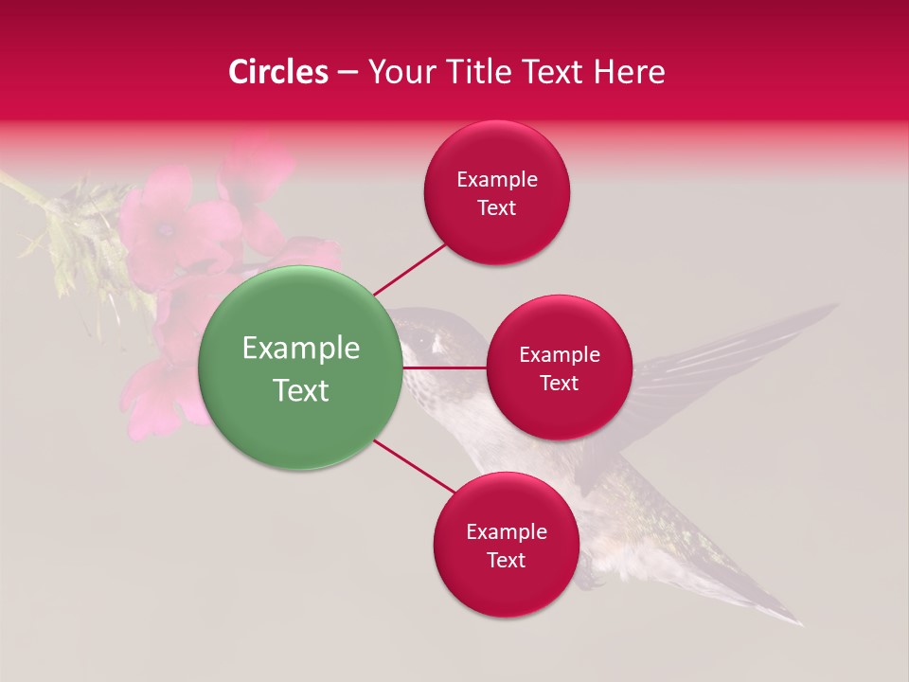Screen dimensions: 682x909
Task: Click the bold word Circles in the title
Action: point(278,72)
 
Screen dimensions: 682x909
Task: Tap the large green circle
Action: point(300,368)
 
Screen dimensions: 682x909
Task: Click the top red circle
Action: point(496,193)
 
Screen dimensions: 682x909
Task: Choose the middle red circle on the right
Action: point(559,368)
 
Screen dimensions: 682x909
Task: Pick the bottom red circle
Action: point(506,545)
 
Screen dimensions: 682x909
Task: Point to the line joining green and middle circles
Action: point(444,368)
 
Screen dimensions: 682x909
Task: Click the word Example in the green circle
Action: point(300,349)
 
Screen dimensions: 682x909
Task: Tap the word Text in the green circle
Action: point(300,390)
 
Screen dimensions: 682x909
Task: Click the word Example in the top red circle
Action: point(496,180)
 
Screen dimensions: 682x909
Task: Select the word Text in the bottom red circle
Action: point(506,560)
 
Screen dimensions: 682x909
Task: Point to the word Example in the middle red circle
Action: point(559,355)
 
